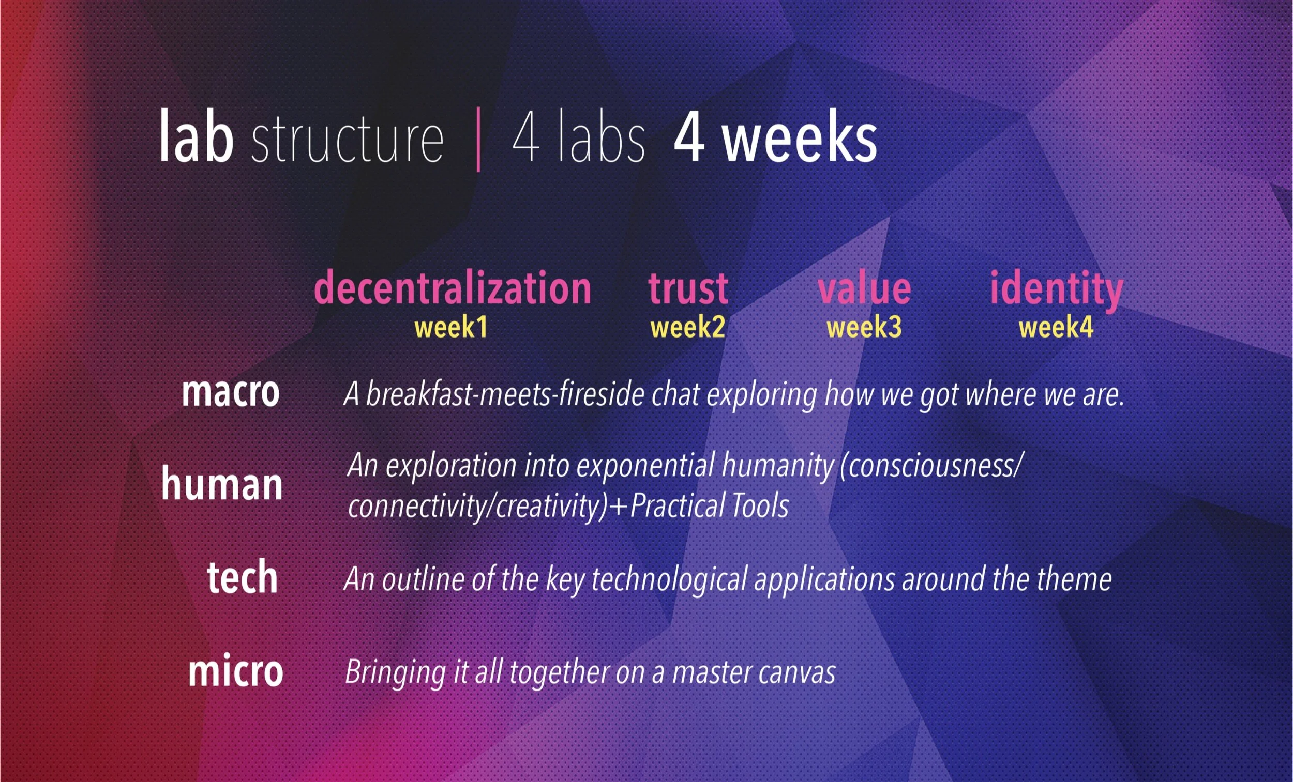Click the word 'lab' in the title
pos(196,137)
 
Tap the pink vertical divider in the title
pos(478,139)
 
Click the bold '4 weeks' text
pos(775,137)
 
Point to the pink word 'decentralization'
pos(453,288)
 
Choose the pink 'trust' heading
pos(688,288)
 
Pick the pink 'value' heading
pos(864,288)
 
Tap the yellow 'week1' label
pos(452,328)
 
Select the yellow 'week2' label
pos(687,328)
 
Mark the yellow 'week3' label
pos(864,328)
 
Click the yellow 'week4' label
pos(1056,328)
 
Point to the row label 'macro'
pos(230,392)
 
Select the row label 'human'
pos(221,484)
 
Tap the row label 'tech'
pos(242,577)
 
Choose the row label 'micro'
pos(236,671)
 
